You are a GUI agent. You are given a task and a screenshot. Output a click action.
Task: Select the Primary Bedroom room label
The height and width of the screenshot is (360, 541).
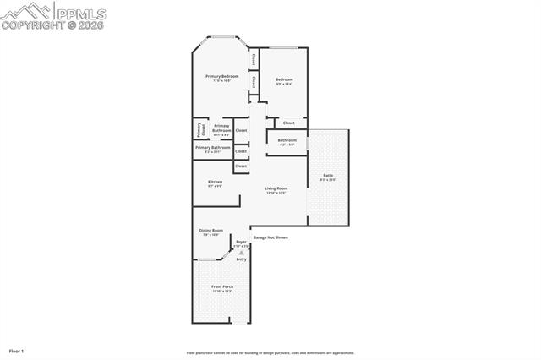[221, 77]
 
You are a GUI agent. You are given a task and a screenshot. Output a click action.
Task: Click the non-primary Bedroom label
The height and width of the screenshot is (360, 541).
[283, 80]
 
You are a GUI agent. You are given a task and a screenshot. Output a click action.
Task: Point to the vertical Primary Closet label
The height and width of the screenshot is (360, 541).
[200, 129]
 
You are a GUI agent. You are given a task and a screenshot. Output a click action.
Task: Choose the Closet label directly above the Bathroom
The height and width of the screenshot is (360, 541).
[288, 123]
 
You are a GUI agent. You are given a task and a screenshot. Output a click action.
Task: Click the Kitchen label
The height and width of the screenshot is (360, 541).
[216, 183]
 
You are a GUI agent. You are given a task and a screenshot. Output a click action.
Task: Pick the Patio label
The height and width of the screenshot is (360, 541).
[327, 176]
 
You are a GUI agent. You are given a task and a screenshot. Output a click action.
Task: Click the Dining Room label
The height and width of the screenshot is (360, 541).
[210, 231]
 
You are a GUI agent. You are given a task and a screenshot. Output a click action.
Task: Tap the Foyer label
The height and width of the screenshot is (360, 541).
[241, 243]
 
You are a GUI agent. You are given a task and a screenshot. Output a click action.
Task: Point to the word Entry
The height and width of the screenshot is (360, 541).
[242, 259]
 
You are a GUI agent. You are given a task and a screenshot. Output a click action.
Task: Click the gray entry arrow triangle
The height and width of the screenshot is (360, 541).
[241, 252]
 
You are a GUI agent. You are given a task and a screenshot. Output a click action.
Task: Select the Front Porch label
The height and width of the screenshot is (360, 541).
[221, 287]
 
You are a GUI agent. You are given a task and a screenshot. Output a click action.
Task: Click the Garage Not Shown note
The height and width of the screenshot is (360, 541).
[270, 237]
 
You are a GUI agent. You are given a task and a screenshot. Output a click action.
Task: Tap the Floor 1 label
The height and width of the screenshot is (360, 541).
[17, 350]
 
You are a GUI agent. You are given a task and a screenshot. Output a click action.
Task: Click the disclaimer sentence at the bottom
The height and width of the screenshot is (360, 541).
[270, 352]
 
